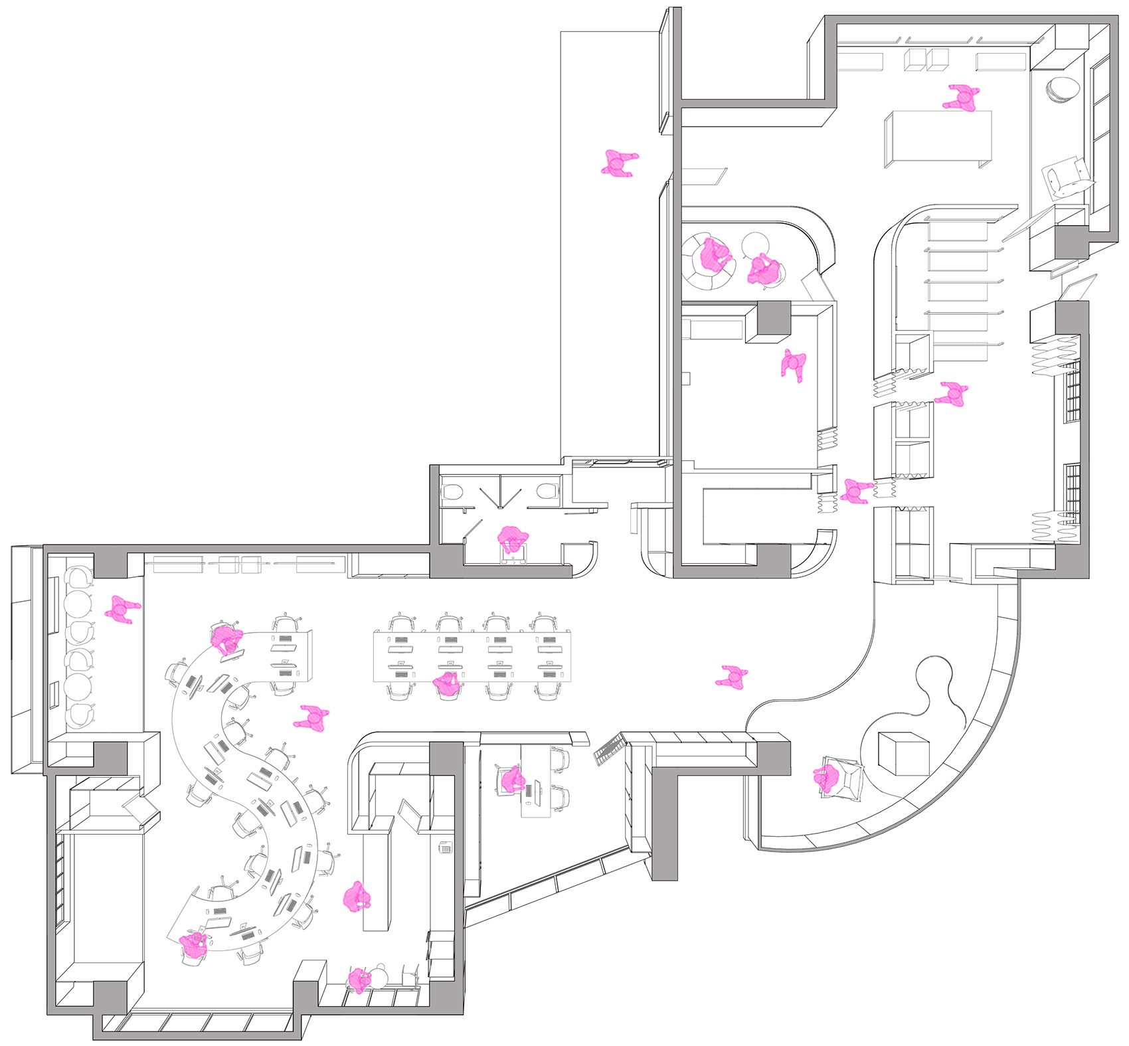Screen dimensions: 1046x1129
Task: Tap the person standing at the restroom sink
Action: pos(513,540)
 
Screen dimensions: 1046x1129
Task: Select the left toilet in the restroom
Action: pos(452,492)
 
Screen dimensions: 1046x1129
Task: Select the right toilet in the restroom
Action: pos(546,492)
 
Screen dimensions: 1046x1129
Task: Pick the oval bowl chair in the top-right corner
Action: pos(1063,89)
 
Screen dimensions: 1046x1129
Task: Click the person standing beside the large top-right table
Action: pos(962,98)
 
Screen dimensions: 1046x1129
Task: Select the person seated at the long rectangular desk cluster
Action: pos(447,683)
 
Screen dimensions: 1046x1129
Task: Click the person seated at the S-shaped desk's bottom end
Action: pos(194,944)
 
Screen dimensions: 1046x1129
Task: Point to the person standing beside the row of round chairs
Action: pos(122,609)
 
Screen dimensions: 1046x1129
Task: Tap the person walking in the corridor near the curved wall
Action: pos(732,676)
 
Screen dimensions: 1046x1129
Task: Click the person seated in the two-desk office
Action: pos(512,780)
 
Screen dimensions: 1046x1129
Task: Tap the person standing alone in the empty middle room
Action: pos(794,365)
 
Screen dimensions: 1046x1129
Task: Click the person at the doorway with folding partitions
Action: pos(855,491)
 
